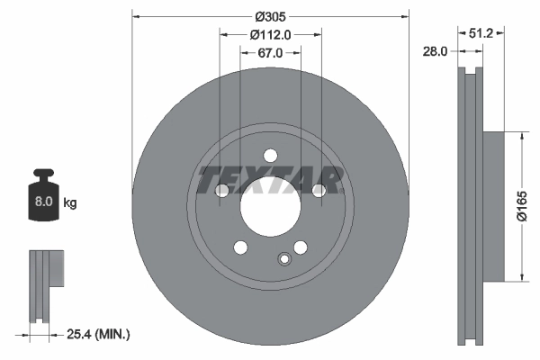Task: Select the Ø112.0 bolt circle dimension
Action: [270, 35]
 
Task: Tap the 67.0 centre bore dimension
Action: [270, 53]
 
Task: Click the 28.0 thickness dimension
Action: [435, 52]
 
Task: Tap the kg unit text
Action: [70, 203]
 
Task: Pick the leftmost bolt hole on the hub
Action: [222, 190]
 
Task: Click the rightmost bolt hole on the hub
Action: [318, 190]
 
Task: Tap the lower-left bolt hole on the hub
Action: [240, 247]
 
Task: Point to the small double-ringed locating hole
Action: [286, 260]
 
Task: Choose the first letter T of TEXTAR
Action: [211, 180]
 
